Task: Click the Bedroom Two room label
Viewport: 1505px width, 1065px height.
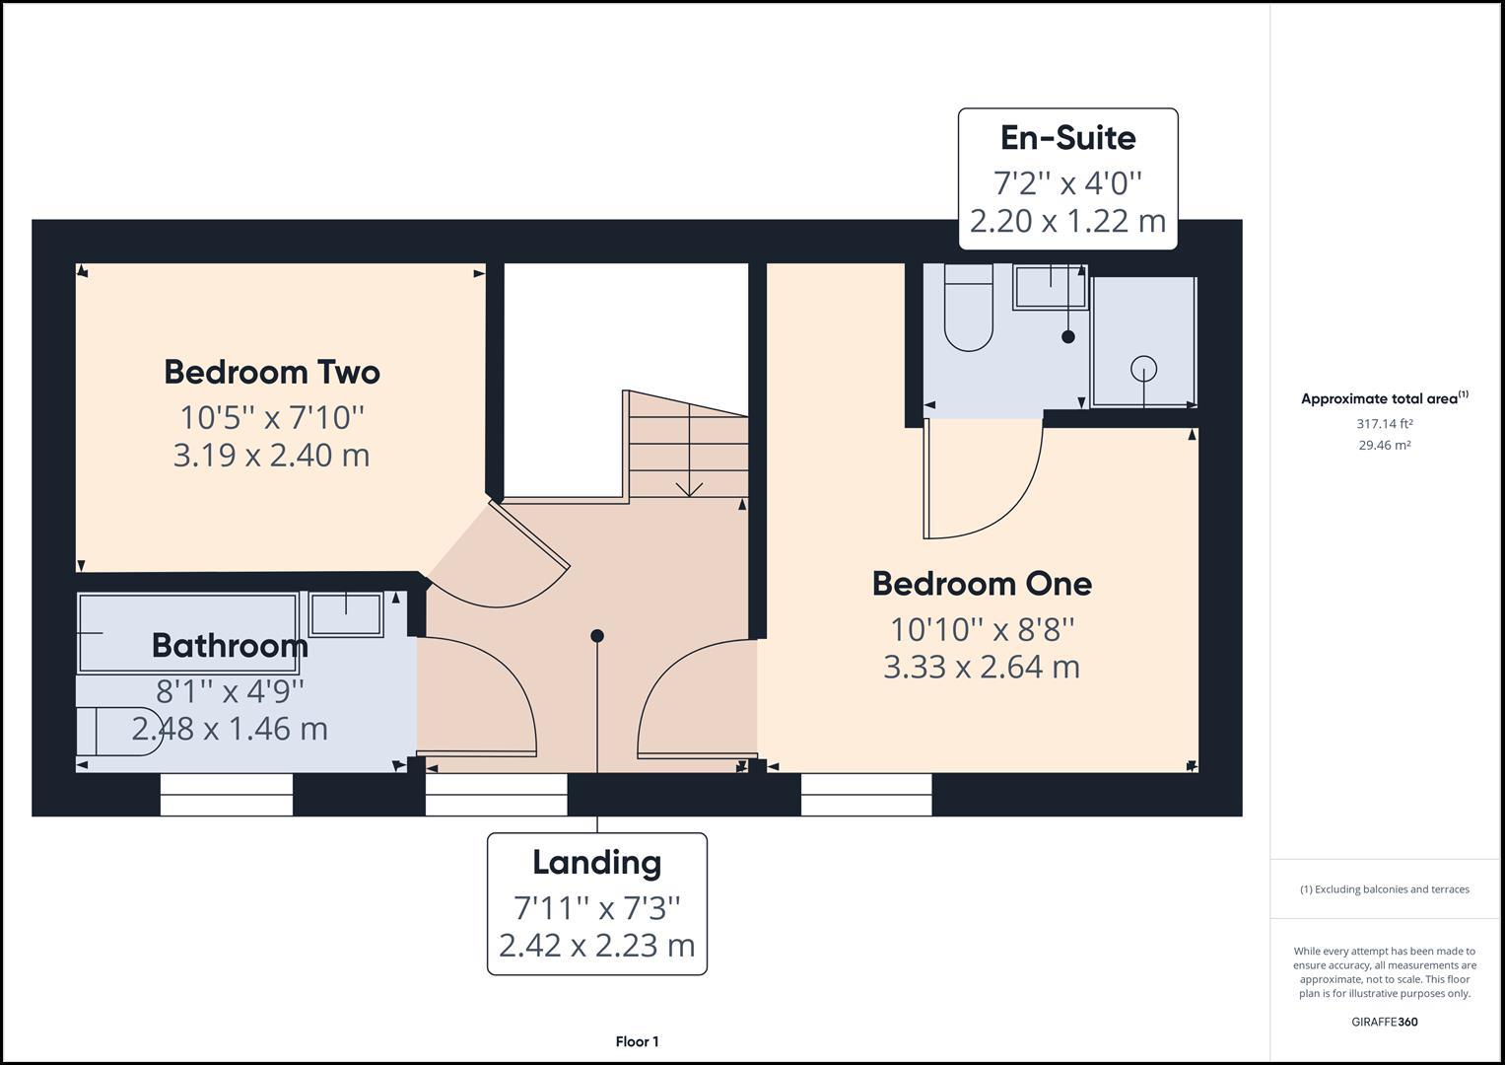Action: [271, 372]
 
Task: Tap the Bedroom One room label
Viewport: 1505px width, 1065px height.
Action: [982, 583]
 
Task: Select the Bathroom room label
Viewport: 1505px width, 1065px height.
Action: [230, 646]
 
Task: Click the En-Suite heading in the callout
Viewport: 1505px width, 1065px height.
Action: [1067, 138]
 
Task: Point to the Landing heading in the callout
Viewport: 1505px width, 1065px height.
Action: [596, 862]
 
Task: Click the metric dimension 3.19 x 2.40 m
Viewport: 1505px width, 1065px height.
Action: [271, 456]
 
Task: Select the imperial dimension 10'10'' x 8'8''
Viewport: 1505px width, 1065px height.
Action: [982, 628]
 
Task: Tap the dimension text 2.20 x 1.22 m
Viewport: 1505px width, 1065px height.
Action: [1067, 221]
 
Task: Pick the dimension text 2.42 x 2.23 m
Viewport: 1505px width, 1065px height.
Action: [596, 945]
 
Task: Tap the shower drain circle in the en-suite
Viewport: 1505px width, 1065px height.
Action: [1143, 368]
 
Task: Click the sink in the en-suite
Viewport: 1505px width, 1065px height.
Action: [1050, 287]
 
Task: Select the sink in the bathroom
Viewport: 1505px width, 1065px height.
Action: [346, 614]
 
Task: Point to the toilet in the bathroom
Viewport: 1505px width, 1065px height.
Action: [118, 731]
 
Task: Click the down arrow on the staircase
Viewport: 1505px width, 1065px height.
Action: [689, 487]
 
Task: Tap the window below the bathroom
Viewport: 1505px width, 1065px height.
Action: [227, 794]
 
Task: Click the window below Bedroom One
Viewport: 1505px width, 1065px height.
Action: [866, 794]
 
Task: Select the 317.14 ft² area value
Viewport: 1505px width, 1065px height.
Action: [1384, 424]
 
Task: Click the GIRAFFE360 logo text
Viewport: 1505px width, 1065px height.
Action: [1384, 1022]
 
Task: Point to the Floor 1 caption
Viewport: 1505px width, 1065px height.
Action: [637, 1041]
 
